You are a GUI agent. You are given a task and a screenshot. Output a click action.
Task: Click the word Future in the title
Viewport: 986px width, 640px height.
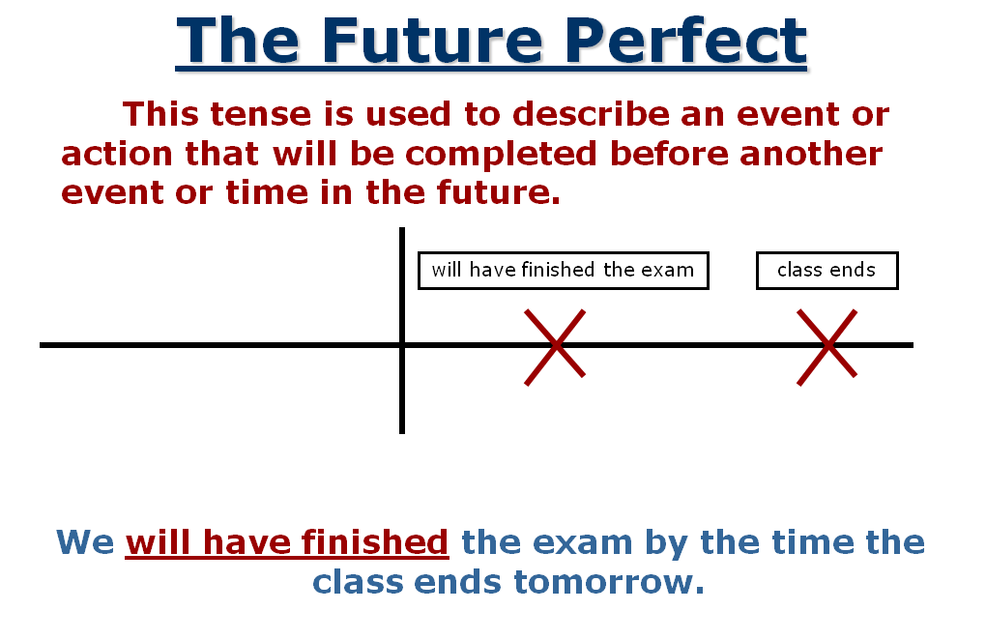tap(432, 42)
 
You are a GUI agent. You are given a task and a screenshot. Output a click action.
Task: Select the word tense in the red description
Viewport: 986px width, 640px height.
tap(260, 114)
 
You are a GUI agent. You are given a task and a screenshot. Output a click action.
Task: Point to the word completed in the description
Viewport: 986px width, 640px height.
tap(501, 155)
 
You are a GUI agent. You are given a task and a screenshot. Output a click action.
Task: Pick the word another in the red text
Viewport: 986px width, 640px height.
tap(811, 154)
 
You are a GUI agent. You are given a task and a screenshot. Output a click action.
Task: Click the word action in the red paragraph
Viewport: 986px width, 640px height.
tap(116, 154)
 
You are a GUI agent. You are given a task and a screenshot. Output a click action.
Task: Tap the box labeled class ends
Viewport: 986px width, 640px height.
tap(826, 271)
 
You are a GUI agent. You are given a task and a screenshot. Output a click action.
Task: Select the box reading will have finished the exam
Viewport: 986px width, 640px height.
tap(564, 271)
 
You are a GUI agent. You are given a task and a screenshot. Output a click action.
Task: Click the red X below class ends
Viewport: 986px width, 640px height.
tap(827, 346)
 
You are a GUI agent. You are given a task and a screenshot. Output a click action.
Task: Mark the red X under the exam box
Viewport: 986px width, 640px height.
tap(555, 346)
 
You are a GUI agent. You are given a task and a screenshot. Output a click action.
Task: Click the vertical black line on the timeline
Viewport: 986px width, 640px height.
tap(402, 331)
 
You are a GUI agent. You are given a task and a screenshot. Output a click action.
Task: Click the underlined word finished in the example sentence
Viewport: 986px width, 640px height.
tap(375, 542)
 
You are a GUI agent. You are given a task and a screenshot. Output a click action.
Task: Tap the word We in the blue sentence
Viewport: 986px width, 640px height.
tap(85, 542)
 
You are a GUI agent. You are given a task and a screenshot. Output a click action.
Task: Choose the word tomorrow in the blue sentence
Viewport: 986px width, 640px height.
tap(609, 582)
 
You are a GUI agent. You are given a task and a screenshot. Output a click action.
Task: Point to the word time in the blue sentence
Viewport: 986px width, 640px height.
tap(811, 542)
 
